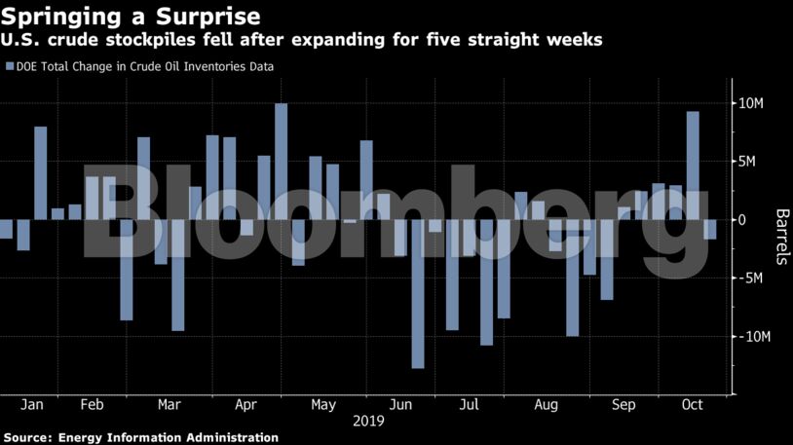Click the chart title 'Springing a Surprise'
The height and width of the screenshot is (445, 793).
tap(131, 17)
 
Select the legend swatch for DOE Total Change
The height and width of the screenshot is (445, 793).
tap(11, 67)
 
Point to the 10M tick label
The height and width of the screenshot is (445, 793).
tap(757, 103)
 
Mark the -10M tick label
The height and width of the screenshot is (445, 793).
tap(756, 337)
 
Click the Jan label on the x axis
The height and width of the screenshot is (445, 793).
tap(31, 404)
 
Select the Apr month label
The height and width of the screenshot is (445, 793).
tap(246, 404)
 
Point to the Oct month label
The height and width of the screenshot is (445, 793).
tap(692, 404)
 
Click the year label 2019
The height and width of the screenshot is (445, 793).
tap(367, 422)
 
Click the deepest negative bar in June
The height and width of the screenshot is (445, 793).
tap(418, 293)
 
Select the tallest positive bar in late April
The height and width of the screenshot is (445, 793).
tap(281, 162)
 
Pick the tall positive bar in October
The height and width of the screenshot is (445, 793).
tap(693, 166)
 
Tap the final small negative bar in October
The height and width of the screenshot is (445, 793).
tap(710, 229)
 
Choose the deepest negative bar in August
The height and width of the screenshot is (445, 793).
tap(572, 278)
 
